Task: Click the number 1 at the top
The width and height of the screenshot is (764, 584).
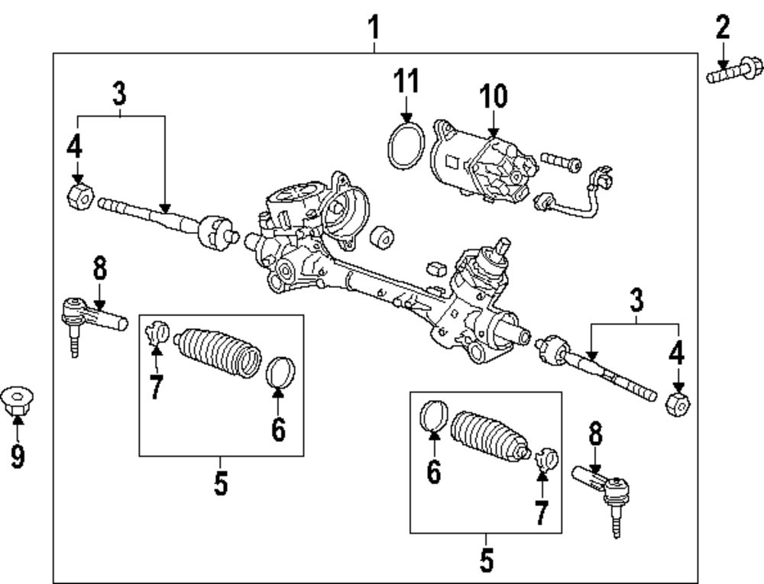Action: (374, 28)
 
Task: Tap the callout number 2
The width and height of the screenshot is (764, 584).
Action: (722, 28)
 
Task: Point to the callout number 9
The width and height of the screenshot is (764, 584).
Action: (17, 456)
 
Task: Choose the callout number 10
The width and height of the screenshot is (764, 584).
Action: (493, 97)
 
